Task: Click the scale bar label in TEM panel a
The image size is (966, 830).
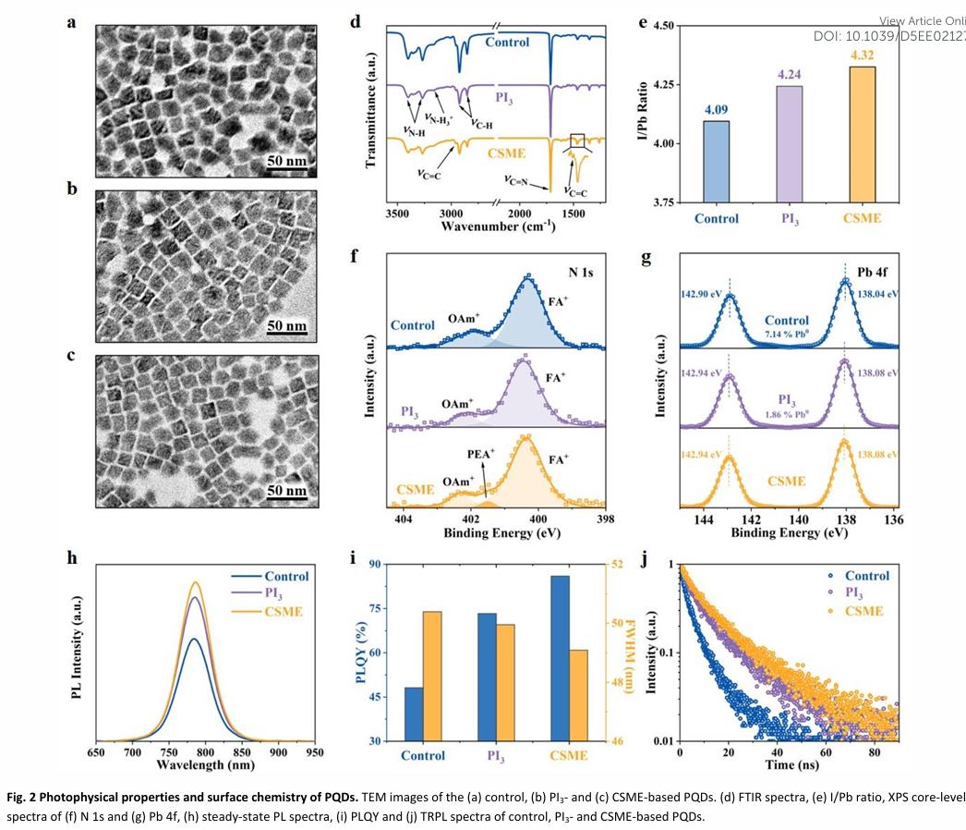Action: tap(286, 162)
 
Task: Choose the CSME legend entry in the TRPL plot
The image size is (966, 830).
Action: tap(863, 611)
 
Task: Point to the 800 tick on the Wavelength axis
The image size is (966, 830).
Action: tap(204, 752)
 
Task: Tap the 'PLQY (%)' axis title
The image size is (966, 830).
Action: tap(361, 653)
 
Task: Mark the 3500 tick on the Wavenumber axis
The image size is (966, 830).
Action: tap(398, 212)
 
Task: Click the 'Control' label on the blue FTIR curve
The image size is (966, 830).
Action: tap(507, 42)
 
